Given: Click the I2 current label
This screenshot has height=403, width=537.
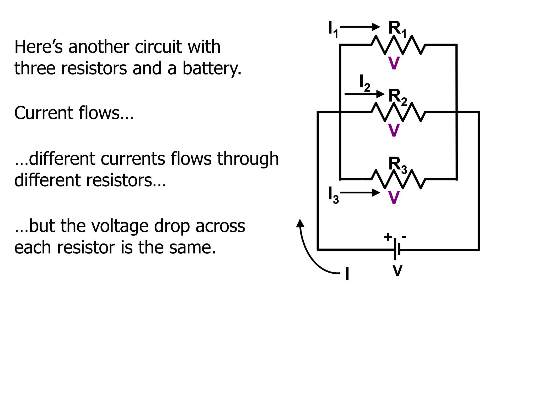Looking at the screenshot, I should click(364, 83).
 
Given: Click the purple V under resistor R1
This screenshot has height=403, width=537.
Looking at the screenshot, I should click(394, 63).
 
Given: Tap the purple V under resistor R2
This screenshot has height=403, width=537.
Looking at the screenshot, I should click(394, 130).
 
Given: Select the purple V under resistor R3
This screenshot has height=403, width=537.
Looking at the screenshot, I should click(394, 198).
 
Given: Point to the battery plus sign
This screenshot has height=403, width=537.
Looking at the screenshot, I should click(388, 237).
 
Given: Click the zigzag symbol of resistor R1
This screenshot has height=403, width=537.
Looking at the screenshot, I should click(398, 45).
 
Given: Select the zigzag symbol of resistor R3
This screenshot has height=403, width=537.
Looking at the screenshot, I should click(398, 179).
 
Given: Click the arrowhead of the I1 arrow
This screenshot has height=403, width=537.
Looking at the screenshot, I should click(377, 27).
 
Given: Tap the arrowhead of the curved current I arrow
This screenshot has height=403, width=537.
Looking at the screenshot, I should click(300, 223).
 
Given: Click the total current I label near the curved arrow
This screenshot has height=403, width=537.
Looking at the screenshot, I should click(347, 274).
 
